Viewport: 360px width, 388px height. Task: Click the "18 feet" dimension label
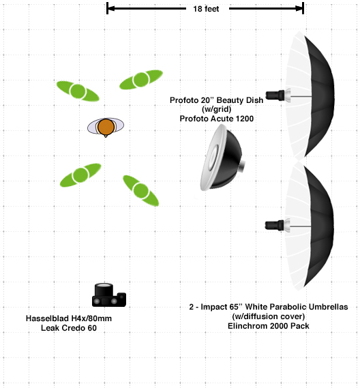click(x=206, y=9)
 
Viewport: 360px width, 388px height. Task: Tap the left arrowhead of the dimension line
click(x=111, y=8)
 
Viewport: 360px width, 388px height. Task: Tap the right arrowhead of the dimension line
click(x=299, y=8)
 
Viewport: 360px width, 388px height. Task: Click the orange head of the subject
click(x=106, y=127)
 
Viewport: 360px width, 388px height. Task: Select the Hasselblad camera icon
click(x=109, y=295)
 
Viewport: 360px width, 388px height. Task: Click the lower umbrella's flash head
click(x=277, y=225)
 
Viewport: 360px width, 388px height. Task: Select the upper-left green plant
click(x=78, y=91)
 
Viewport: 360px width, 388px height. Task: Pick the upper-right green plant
click(x=141, y=79)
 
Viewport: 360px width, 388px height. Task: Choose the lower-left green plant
click(x=80, y=175)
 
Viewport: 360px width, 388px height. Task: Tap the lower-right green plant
click(x=140, y=190)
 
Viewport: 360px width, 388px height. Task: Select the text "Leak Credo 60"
click(x=69, y=328)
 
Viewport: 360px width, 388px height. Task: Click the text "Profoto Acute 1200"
click(x=217, y=119)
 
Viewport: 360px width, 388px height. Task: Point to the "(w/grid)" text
click(x=217, y=109)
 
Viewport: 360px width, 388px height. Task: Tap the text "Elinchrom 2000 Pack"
click(x=269, y=326)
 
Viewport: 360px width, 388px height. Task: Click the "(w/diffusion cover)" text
click(x=269, y=316)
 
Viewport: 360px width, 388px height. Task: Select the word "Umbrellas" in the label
click(x=328, y=307)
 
